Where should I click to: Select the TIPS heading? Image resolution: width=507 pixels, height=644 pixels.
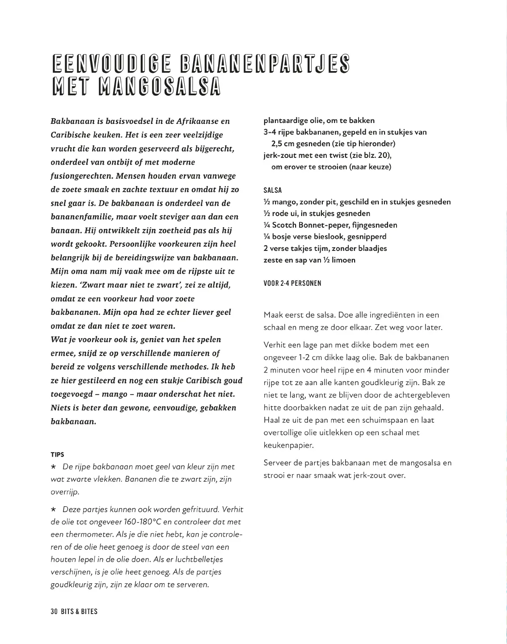coord(58,454)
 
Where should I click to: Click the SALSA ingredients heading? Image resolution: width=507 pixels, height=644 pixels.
coord(273,190)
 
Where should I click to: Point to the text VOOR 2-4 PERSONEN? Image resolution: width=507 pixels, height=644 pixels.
coord(292,284)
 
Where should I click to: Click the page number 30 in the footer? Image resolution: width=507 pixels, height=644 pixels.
coord(55,611)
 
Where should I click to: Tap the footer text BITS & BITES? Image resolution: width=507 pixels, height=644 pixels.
coord(79,611)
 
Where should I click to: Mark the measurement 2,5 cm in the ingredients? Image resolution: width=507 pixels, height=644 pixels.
coord(282,144)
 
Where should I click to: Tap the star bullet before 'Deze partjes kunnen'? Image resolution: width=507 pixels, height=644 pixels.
coord(54,509)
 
